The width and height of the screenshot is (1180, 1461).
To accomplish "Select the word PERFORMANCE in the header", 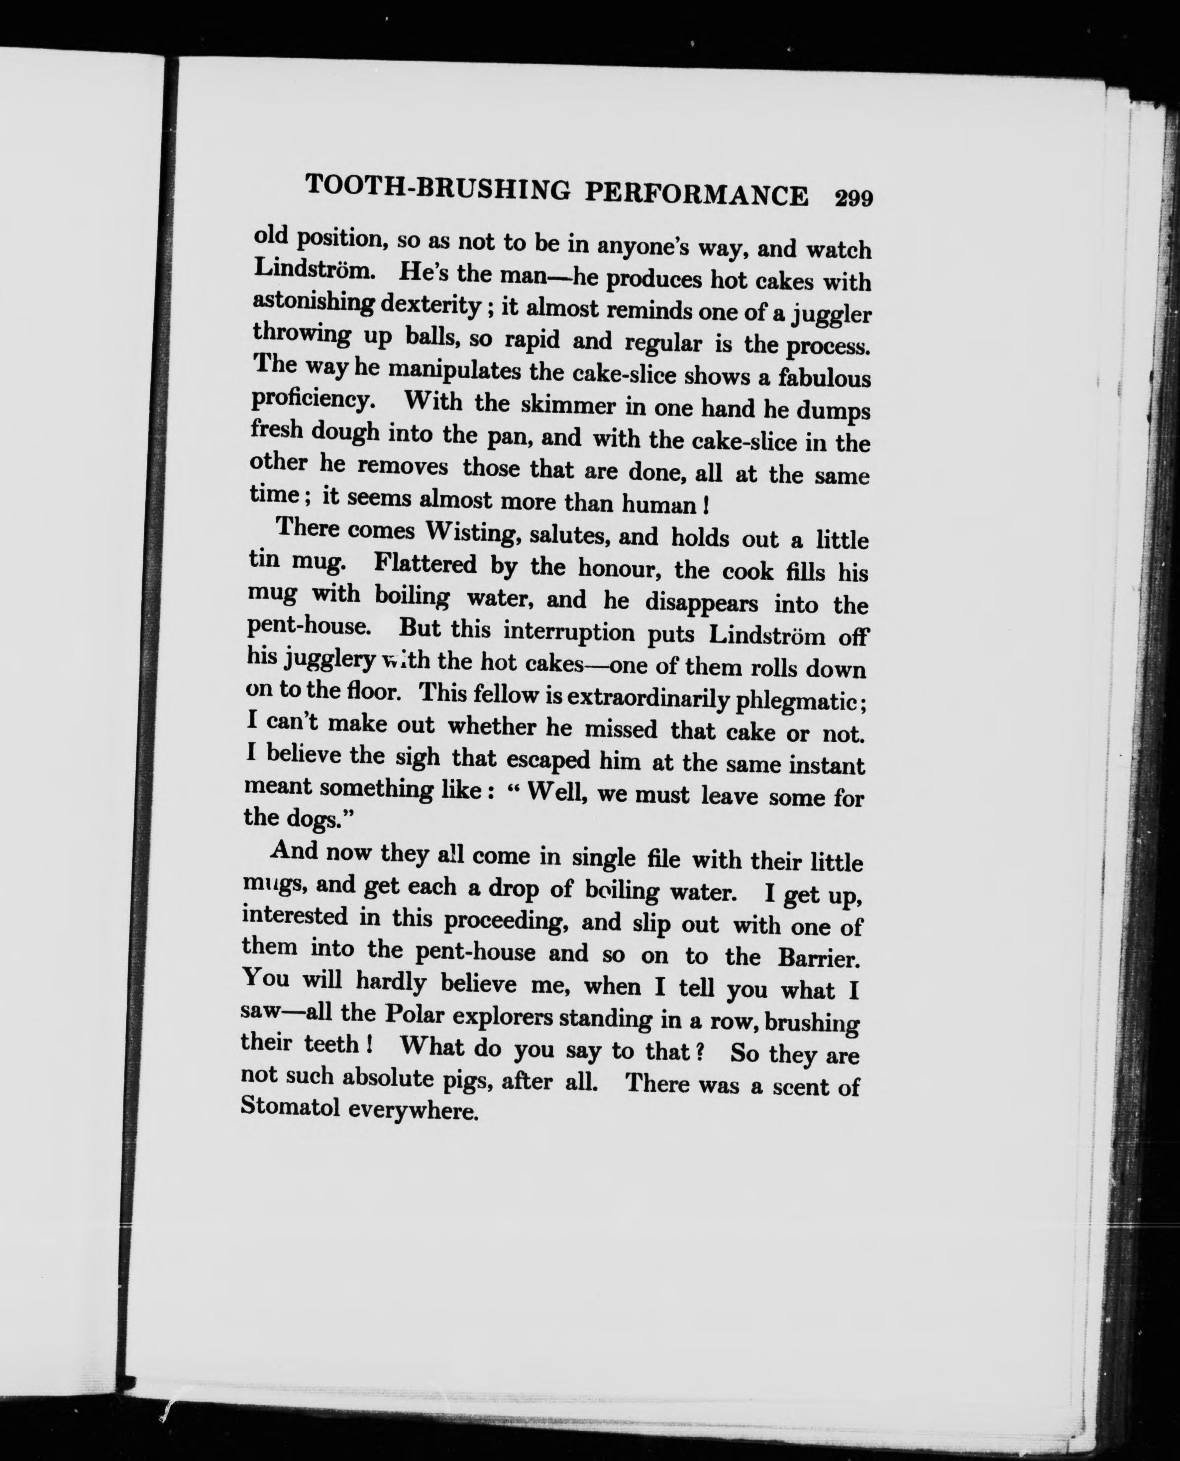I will click(x=697, y=195).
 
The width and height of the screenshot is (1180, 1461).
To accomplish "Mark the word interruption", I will click(x=569, y=631).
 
